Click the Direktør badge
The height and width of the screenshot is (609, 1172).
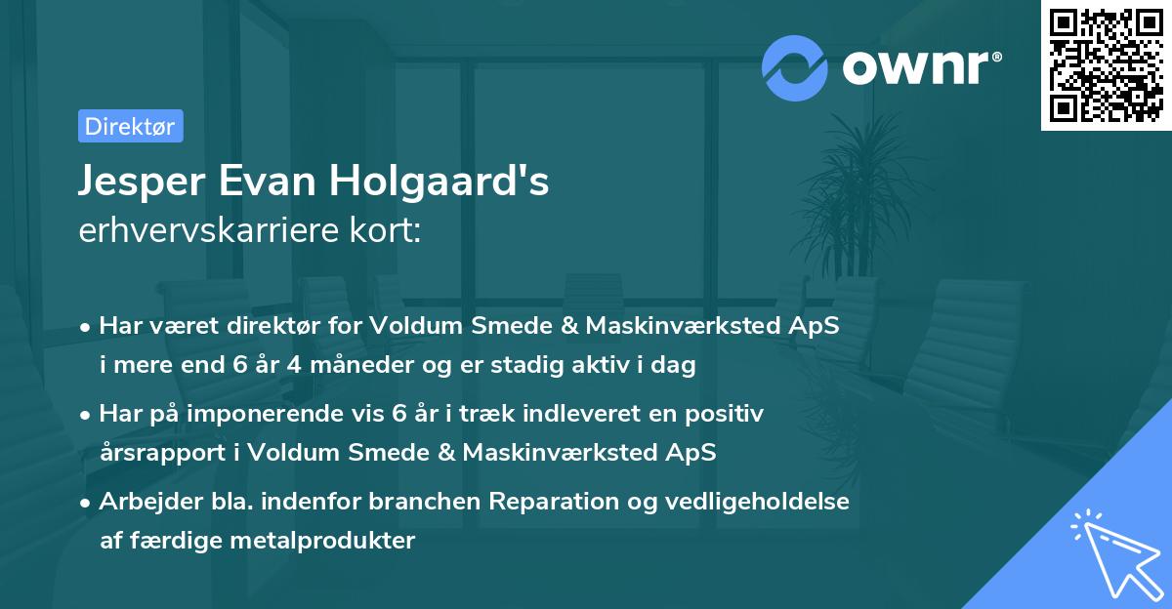[x=130, y=126]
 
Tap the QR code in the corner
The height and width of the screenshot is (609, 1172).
[x=1107, y=64]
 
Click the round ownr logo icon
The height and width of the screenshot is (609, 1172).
[x=794, y=68]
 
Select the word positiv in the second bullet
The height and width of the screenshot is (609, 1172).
[x=729, y=413]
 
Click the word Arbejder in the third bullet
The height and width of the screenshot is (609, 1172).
[x=142, y=501]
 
